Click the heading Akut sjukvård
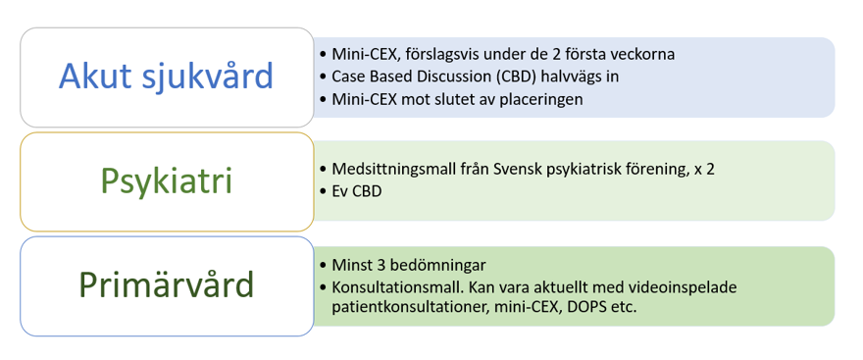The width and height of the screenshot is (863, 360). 166,77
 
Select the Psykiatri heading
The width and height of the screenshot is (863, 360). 167,181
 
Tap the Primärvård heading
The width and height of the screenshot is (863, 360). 167,285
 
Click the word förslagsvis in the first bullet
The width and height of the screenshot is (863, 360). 423,55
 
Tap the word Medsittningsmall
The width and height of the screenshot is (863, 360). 381,170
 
